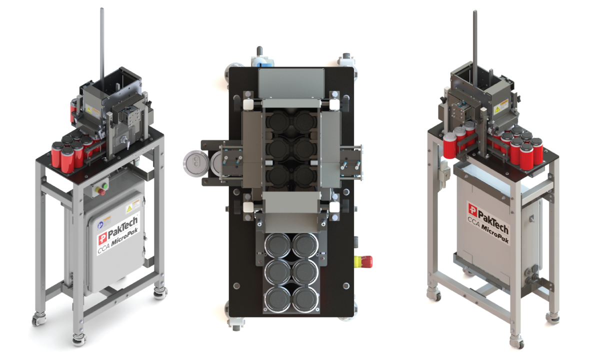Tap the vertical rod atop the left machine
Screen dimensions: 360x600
pos(102,40)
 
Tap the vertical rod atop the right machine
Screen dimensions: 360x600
pos(475,40)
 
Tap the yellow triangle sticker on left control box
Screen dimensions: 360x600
pos(129,206)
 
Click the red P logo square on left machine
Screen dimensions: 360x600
pos(102,235)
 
